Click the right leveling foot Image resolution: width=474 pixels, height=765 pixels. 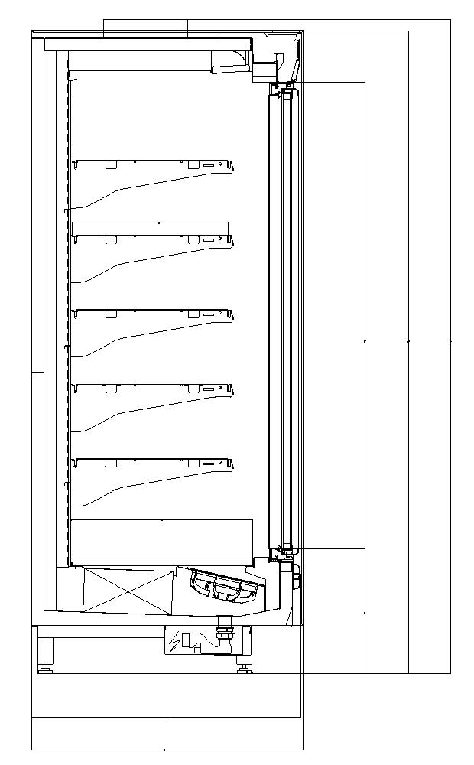tap(243, 668)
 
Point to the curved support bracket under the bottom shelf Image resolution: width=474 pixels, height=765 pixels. tap(115, 490)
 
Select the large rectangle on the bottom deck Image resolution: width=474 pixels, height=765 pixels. tap(161, 542)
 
